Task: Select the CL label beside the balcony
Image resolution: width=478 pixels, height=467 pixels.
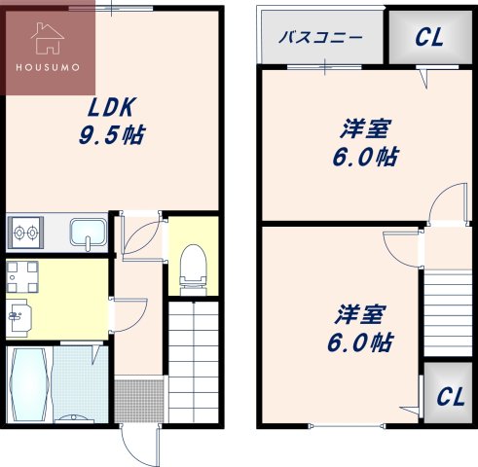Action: coord(429,38)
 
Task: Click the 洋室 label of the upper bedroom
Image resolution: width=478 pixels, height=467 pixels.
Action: coord(365,128)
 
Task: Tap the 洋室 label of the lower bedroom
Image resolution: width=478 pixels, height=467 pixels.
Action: coord(360,315)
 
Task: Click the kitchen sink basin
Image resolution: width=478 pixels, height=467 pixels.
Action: coord(89,234)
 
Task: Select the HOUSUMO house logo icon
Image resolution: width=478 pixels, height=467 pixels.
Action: coord(47,39)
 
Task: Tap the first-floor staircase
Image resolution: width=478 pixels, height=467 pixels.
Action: coord(195,360)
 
